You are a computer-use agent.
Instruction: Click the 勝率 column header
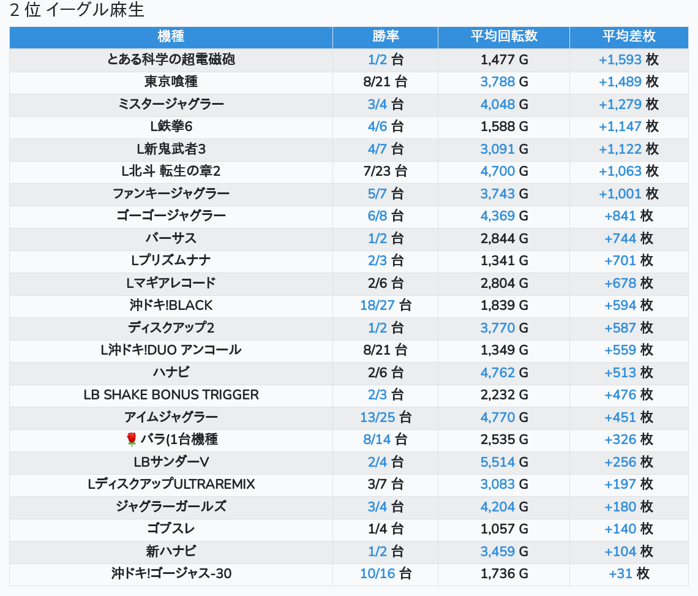pos(385,36)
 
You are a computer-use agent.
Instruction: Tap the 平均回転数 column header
pos(503,36)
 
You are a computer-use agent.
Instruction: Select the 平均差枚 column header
pos(628,36)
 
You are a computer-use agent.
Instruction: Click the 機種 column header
pos(171,36)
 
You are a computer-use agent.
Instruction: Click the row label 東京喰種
pos(171,81)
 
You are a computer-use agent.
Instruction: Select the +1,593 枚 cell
pos(628,59)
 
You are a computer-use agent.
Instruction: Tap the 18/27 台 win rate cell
pos(385,305)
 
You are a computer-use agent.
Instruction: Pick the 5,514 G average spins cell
pos(503,462)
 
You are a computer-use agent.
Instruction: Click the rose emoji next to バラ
pos(131,439)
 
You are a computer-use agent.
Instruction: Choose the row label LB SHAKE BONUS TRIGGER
pos(171,394)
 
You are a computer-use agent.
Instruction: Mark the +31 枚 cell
pos(628,573)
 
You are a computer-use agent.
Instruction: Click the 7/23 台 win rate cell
pos(385,171)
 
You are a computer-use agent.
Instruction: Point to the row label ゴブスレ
pos(171,529)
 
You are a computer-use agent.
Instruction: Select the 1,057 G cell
pos(503,529)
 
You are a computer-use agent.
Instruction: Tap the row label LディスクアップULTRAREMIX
pos(171,484)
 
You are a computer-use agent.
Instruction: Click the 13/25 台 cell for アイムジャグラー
pos(385,417)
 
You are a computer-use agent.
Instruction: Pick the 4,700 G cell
pos(503,171)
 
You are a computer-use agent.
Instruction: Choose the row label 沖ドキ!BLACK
pos(171,305)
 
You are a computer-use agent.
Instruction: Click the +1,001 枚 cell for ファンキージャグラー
pos(628,194)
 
